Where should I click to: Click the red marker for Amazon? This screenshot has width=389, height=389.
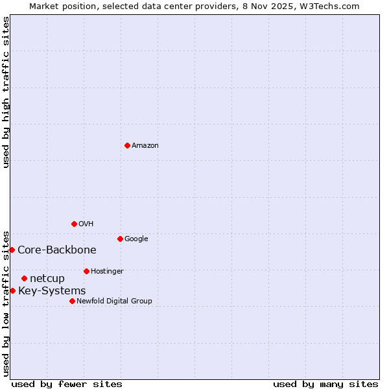click(x=127, y=145)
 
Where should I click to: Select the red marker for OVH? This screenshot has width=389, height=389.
click(x=74, y=224)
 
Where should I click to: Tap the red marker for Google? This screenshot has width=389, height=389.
click(x=120, y=239)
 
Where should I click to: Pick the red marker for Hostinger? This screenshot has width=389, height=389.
click(x=86, y=271)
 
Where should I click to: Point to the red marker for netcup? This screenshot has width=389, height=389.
click(x=24, y=278)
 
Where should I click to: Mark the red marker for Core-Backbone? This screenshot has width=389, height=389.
click(x=12, y=250)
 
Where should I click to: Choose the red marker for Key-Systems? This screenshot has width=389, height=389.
click(x=12, y=290)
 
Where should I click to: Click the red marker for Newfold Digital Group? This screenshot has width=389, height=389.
click(x=72, y=301)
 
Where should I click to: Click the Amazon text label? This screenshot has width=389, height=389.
click(x=145, y=146)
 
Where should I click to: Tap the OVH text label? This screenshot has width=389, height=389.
click(x=86, y=224)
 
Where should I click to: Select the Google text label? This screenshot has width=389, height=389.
click(x=136, y=239)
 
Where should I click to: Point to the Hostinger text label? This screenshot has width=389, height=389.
click(x=107, y=272)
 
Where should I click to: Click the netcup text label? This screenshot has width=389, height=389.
click(x=47, y=279)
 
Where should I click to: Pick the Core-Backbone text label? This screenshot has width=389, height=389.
click(x=57, y=250)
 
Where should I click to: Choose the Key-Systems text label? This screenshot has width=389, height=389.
click(x=52, y=291)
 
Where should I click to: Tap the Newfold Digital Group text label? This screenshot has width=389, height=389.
click(x=114, y=301)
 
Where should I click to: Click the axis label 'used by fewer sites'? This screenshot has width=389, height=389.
click(x=67, y=384)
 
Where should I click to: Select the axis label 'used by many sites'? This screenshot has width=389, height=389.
click(x=325, y=384)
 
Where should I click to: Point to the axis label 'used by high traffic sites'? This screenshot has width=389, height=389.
click(x=6, y=92)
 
